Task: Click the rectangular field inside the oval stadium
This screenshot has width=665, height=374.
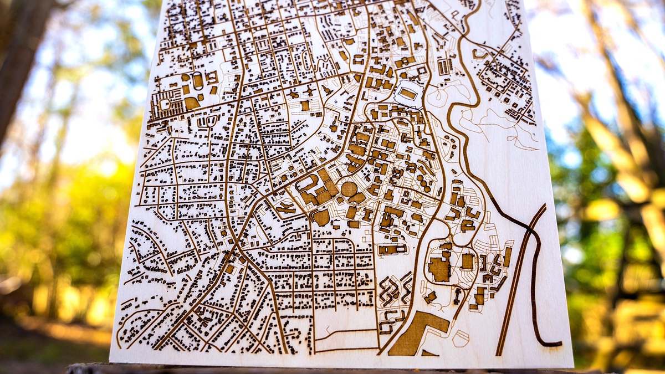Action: coord(408,94)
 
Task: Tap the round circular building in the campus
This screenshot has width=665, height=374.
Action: coord(349,189)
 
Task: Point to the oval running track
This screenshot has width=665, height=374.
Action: coord(197,81)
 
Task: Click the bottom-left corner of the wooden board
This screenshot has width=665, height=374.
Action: coord(110,361)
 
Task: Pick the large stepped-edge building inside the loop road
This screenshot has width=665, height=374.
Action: coord(439,269)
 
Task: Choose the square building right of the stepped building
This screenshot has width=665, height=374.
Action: coord(468,261)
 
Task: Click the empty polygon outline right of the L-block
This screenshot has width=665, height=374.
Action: coord(461,338)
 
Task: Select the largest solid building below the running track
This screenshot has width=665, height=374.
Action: coord(192,103)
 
